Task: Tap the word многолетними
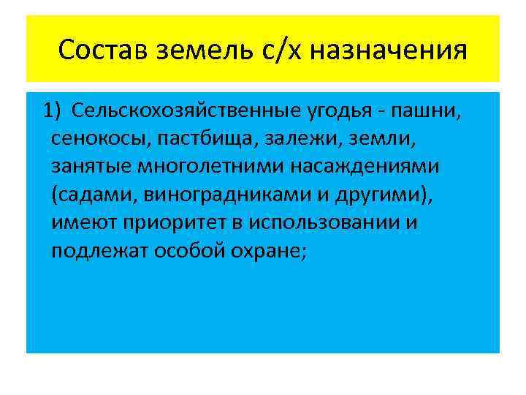coord(213,167)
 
